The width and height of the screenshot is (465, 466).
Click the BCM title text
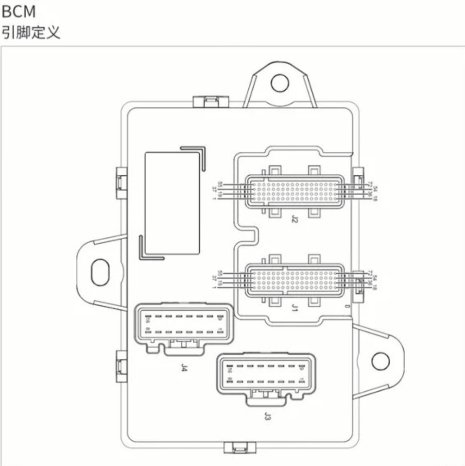point(18,10)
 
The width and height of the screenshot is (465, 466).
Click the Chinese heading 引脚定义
point(31,33)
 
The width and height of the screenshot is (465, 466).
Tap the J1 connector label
point(294,308)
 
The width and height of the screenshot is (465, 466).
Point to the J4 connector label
point(184,368)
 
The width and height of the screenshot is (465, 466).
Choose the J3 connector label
point(267,416)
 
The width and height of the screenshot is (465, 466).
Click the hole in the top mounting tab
point(279,83)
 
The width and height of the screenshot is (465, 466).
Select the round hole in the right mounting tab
point(380,361)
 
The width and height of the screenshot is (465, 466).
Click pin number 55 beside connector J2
point(220,184)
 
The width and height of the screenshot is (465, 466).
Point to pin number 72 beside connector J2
point(370,184)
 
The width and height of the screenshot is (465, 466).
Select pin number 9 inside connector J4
point(220,319)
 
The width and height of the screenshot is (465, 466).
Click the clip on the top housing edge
point(211,101)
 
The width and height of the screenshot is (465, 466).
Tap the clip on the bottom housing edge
point(240,448)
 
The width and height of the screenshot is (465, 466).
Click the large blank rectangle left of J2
point(172,202)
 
